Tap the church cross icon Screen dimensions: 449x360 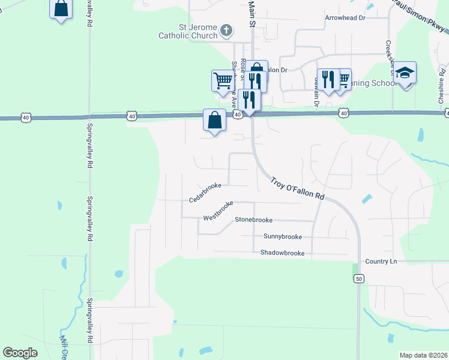click(x=226, y=29)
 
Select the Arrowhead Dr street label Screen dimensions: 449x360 click(x=345, y=18)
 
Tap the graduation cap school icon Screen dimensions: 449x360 click(x=405, y=73)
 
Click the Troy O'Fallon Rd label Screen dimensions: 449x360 click(x=297, y=188)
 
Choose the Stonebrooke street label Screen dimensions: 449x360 click(x=253, y=220)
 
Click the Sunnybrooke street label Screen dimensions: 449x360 click(x=283, y=236)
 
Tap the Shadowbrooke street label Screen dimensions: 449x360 click(x=282, y=253)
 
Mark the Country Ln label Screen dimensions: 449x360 click(x=381, y=262)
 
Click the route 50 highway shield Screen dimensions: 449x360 click(x=358, y=278)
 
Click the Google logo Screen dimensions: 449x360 click(x=20, y=353)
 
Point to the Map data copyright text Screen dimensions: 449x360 click(x=423, y=355)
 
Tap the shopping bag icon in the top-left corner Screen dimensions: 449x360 click(x=61, y=9)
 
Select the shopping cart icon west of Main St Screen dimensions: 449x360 click(x=223, y=79)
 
